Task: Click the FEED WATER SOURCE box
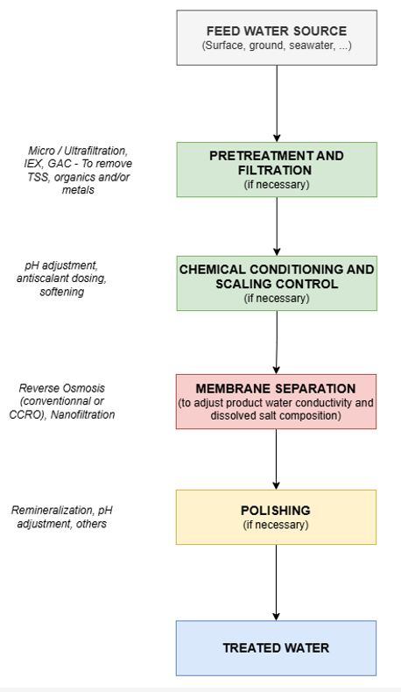coord(277,38)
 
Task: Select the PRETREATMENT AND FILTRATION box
coord(277,169)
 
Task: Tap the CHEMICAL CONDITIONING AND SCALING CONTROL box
coord(277,283)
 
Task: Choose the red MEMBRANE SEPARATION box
coord(276,401)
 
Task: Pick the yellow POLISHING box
coord(276,517)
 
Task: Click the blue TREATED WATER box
coord(276,648)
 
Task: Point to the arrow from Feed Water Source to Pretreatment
coord(277,103)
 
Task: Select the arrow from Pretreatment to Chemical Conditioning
coord(277,226)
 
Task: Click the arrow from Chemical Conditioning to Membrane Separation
coord(277,342)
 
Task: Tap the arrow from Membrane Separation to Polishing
coord(276,459)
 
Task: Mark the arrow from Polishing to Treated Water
coord(276,583)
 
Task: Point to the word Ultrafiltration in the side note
coord(95,151)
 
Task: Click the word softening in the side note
coord(62,293)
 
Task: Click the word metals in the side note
coord(78,190)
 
